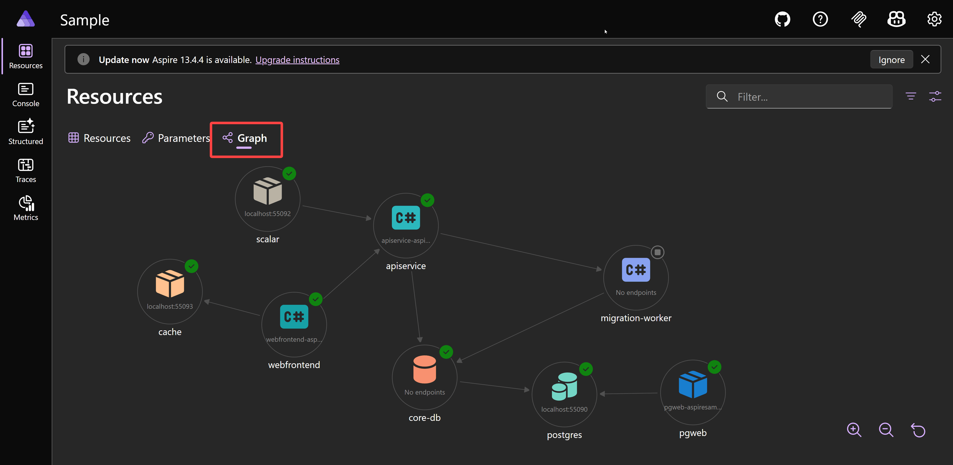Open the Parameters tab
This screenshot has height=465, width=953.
pyautogui.click(x=176, y=138)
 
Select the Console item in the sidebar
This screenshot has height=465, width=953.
pyautogui.click(x=26, y=95)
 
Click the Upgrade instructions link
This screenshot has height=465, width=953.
pyautogui.click(x=297, y=60)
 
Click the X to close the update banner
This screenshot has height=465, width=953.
pyautogui.click(x=925, y=60)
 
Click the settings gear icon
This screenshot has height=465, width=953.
pyautogui.click(x=934, y=19)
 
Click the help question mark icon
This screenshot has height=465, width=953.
pyautogui.click(x=820, y=19)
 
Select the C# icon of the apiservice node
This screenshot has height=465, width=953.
pyautogui.click(x=406, y=218)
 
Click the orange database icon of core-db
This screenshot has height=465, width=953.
pyautogui.click(x=425, y=369)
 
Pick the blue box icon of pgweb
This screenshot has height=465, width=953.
pyautogui.click(x=693, y=384)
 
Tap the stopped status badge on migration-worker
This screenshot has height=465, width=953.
pyautogui.click(x=657, y=252)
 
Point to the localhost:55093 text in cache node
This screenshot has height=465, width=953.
pyautogui.click(x=170, y=307)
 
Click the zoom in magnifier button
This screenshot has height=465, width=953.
pyautogui.click(x=854, y=430)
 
